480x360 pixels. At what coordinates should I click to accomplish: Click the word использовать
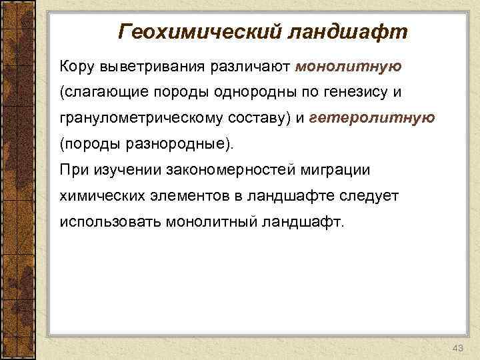coord(107,221)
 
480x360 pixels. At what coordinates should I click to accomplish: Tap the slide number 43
coord(457,349)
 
